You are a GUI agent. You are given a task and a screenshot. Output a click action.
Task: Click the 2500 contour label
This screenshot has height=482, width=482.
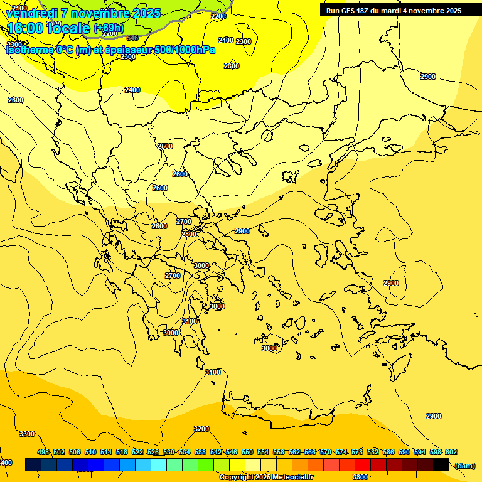point(165,146)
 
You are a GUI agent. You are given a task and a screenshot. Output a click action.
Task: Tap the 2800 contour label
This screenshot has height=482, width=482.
point(189,234)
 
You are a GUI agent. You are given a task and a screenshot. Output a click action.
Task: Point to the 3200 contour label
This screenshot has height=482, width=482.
point(201,429)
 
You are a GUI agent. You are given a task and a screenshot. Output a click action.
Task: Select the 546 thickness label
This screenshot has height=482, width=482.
point(132,38)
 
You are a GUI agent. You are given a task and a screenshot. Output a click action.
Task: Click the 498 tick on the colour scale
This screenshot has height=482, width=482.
point(43,452)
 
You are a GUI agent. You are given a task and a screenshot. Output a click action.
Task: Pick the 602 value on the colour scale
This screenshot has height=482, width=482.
point(451,452)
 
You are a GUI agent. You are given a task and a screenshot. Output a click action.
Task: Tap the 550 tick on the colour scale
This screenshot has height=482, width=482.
point(247,452)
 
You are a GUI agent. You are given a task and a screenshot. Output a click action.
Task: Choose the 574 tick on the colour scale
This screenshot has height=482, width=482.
point(341,452)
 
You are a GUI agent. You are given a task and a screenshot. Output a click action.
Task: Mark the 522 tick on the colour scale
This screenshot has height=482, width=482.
point(137,452)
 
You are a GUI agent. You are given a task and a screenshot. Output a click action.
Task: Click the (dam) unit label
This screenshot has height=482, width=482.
point(465,465)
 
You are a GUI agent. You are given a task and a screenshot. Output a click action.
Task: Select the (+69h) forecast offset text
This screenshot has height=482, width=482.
point(109,28)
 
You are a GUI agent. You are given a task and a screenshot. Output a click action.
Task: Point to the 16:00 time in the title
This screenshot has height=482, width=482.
point(24,28)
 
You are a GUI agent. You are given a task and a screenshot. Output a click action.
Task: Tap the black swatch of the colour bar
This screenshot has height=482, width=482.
point(441,465)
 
